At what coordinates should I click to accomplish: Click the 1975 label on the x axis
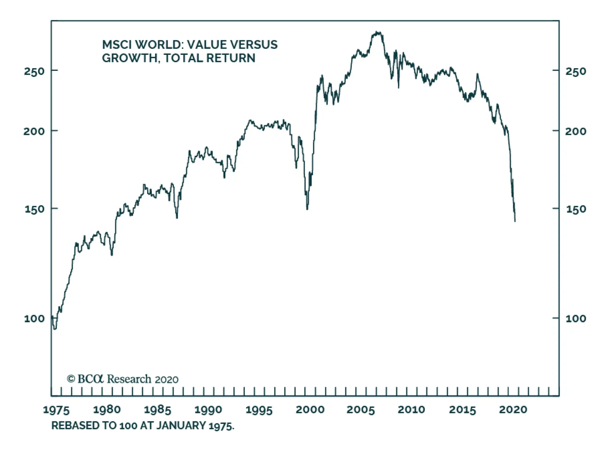coord(56,410)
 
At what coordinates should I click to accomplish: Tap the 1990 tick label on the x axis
coord(208,410)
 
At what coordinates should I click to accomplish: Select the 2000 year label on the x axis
coord(310,410)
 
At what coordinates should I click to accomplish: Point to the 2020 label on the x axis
coord(513,410)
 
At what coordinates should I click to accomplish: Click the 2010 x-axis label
coord(411,410)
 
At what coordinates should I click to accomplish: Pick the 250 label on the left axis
coord(34,71)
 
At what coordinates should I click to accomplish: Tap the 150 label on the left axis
coord(35,209)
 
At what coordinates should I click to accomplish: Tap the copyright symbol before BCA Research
coord(71,379)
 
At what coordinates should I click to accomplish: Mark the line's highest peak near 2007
coord(377,32)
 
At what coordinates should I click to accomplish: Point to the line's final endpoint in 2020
coord(515,221)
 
